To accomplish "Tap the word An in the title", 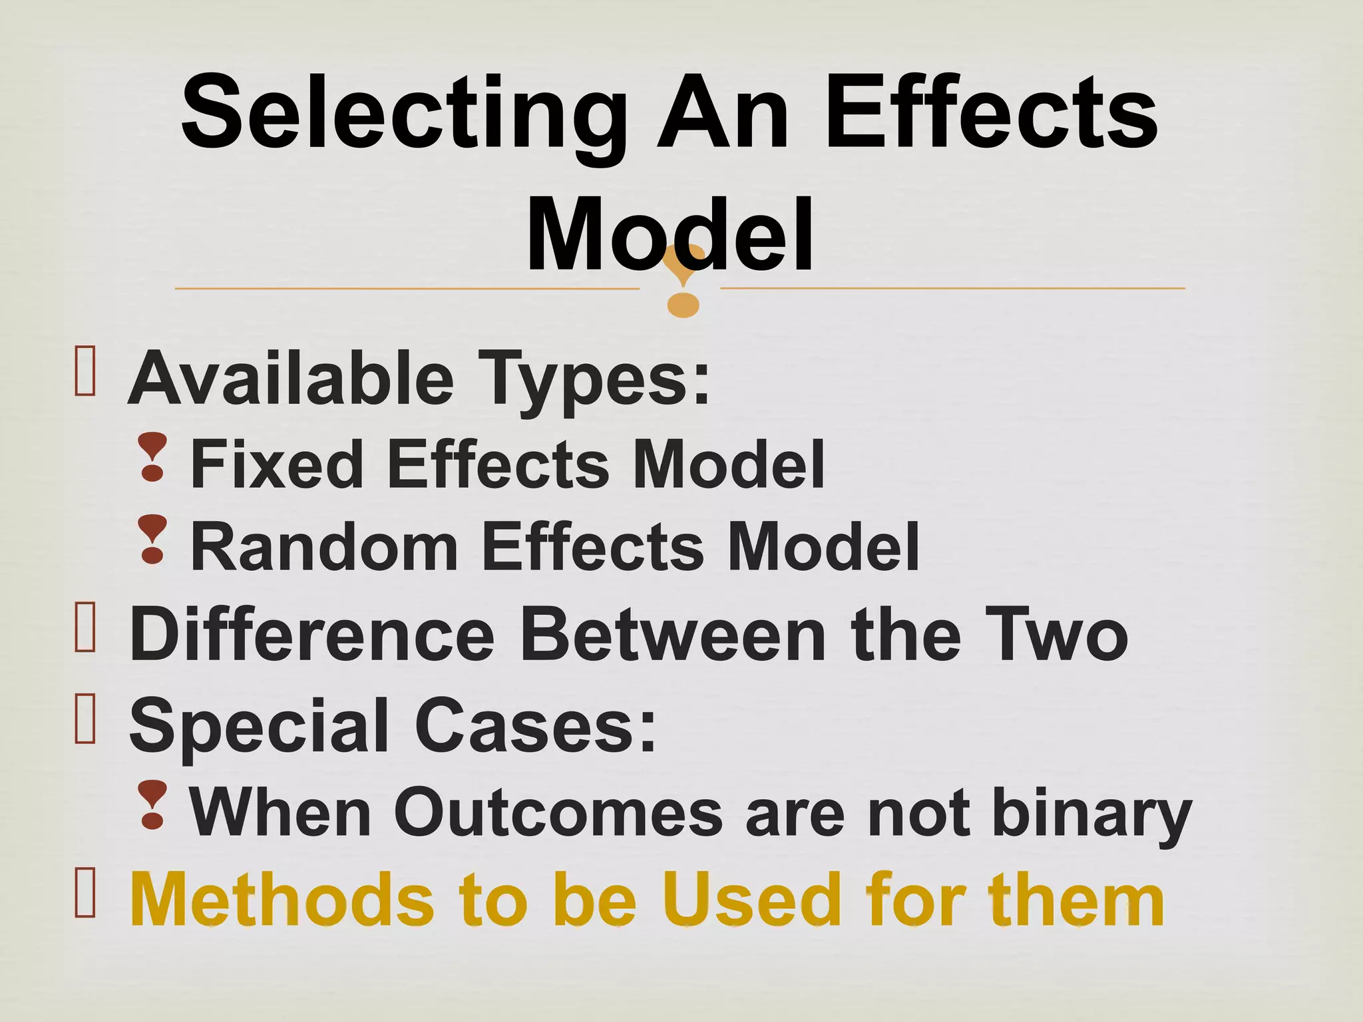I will tap(723, 113).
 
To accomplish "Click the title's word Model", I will tap(669, 233).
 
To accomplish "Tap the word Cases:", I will tap(536, 725).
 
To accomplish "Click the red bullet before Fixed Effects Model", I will tap(153, 456).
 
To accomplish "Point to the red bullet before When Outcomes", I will tap(152, 805).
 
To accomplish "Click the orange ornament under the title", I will tap(683, 283).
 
